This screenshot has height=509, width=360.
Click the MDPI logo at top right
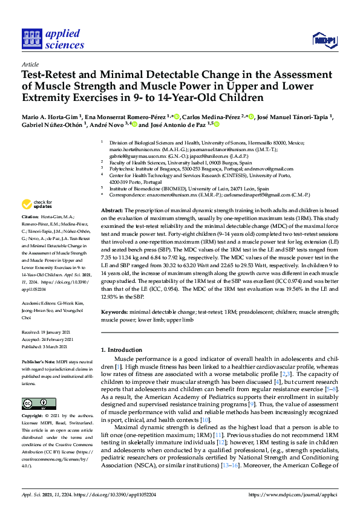coord(324,41)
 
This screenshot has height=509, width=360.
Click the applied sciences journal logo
coord(53,38)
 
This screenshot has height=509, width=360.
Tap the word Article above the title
coord(30,63)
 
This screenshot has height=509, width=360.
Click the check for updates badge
coord(37,204)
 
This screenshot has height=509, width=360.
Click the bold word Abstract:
coord(112,207)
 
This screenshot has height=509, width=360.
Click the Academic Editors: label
coord(42,304)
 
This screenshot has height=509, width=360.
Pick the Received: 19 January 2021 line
coord(47,332)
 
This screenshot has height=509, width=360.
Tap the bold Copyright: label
coord(34,417)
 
